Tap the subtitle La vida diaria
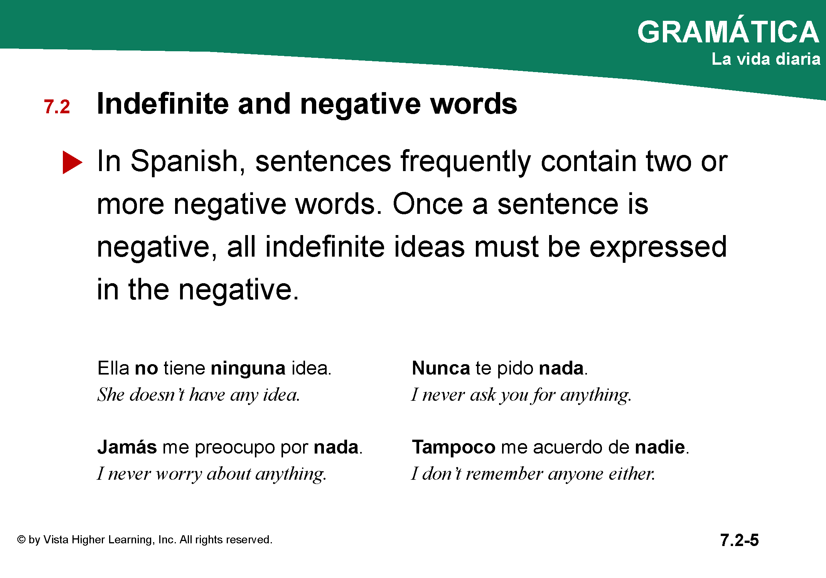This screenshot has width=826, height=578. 766,59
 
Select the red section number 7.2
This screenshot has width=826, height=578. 57,107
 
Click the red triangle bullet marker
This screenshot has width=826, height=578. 72,162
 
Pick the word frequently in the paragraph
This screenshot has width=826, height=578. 466,162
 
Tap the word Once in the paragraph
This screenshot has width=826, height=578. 428,204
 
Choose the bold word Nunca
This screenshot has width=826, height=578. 441,368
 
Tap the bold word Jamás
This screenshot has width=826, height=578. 127,447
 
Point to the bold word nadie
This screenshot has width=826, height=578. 660,447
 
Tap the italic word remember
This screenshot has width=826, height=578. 504,473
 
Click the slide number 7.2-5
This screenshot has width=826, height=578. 739,540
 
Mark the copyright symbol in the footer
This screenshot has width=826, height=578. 21,539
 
